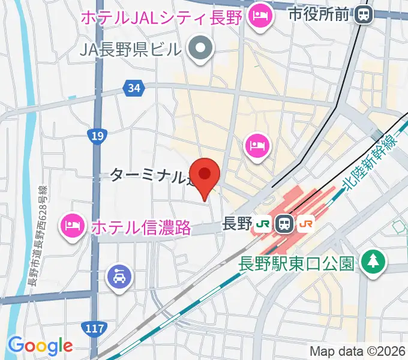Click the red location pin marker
click(205, 175)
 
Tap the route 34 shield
click(134, 89)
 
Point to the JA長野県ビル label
click(130, 49)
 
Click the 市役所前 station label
click(318, 13)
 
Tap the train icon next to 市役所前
click(363, 13)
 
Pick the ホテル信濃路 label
click(141, 227)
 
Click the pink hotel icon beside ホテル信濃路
click(73, 226)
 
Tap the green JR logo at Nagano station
click(262, 224)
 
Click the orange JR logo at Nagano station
click(305, 224)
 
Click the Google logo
click(40, 346)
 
